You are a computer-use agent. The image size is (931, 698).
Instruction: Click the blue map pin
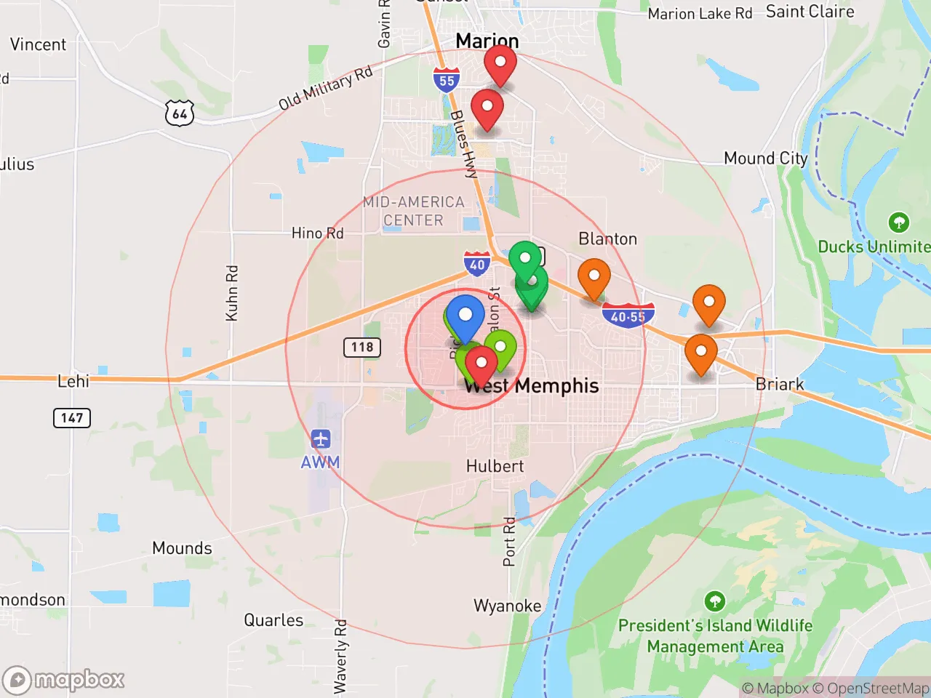(x=465, y=317)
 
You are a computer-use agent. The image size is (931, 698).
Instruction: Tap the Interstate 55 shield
(x=447, y=80)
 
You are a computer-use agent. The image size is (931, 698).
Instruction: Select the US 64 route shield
(x=180, y=113)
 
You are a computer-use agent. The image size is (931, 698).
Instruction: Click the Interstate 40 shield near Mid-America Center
(x=477, y=264)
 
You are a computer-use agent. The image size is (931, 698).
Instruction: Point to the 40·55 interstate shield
(x=628, y=316)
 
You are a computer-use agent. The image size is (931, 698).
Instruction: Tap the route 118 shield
(x=362, y=347)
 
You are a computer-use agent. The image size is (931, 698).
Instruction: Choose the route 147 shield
(x=72, y=417)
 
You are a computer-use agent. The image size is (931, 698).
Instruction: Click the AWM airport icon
(x=321, y=439)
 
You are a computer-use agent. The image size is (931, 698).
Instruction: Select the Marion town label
(x=487, y=41)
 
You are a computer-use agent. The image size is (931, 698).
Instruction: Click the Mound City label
(x=765, y=159)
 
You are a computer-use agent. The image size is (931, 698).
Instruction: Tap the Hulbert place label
(x=495, y=466)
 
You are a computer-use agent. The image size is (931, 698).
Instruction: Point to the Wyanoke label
(x=507, y=606)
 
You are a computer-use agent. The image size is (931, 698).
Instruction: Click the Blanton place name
(x=607, y=239)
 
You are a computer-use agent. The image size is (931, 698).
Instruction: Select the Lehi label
(x=73, y=381)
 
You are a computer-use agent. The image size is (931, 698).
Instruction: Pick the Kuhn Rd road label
(x=232, y=293)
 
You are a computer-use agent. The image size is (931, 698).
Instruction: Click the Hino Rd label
(x=317, y=233)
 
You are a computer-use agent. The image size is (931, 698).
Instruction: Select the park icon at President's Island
(x=714, y=601)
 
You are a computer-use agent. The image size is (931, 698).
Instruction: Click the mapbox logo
(x=64, y=680)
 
